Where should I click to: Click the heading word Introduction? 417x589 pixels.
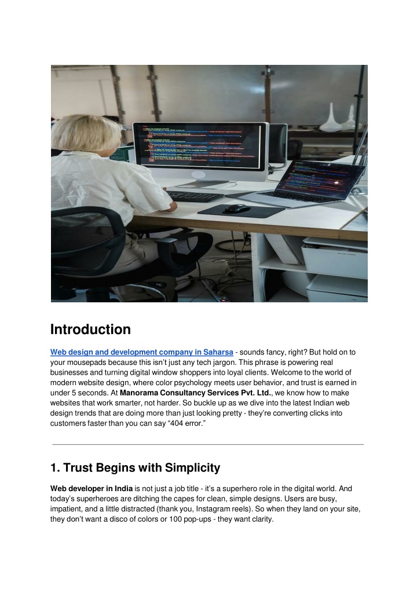click(90, 330)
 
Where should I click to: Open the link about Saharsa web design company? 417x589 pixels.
click(142, 352)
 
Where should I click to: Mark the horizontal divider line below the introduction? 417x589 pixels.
click(208, 444)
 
